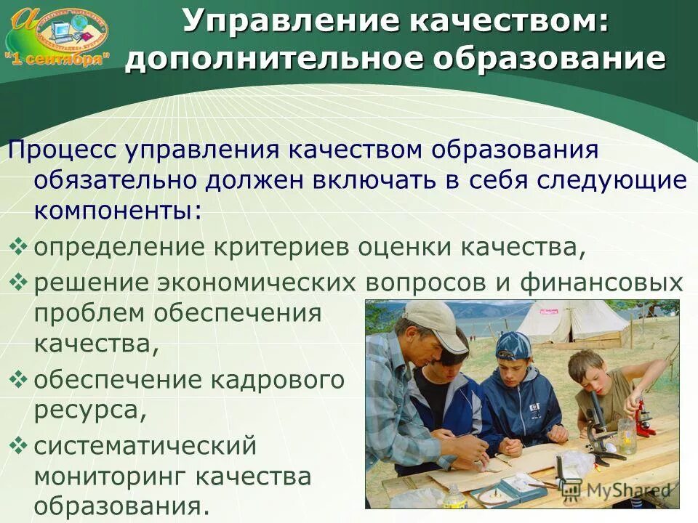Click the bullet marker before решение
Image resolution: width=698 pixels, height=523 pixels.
(x=20, y=281)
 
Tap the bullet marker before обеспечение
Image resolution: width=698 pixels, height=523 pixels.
(x=20, y=378)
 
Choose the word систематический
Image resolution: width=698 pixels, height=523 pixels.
(x=145, y=445)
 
